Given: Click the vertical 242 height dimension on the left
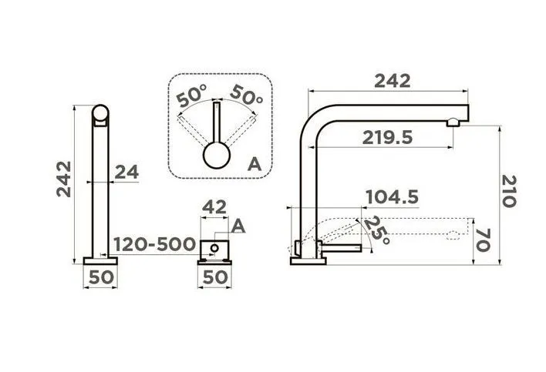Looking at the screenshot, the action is [64, 179].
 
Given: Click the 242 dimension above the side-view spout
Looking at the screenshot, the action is [393, 82].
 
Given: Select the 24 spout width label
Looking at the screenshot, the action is [126, 172].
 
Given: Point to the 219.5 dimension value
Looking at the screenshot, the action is [387, 138].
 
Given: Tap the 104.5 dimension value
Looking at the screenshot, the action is [393, 197].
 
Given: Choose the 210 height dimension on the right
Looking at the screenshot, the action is [509, 191].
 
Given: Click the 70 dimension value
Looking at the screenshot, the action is [483, 240].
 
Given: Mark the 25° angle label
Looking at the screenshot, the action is [376, 230].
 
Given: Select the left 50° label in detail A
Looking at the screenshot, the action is [191, 96].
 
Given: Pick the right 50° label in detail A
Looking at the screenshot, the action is [246, 95].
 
